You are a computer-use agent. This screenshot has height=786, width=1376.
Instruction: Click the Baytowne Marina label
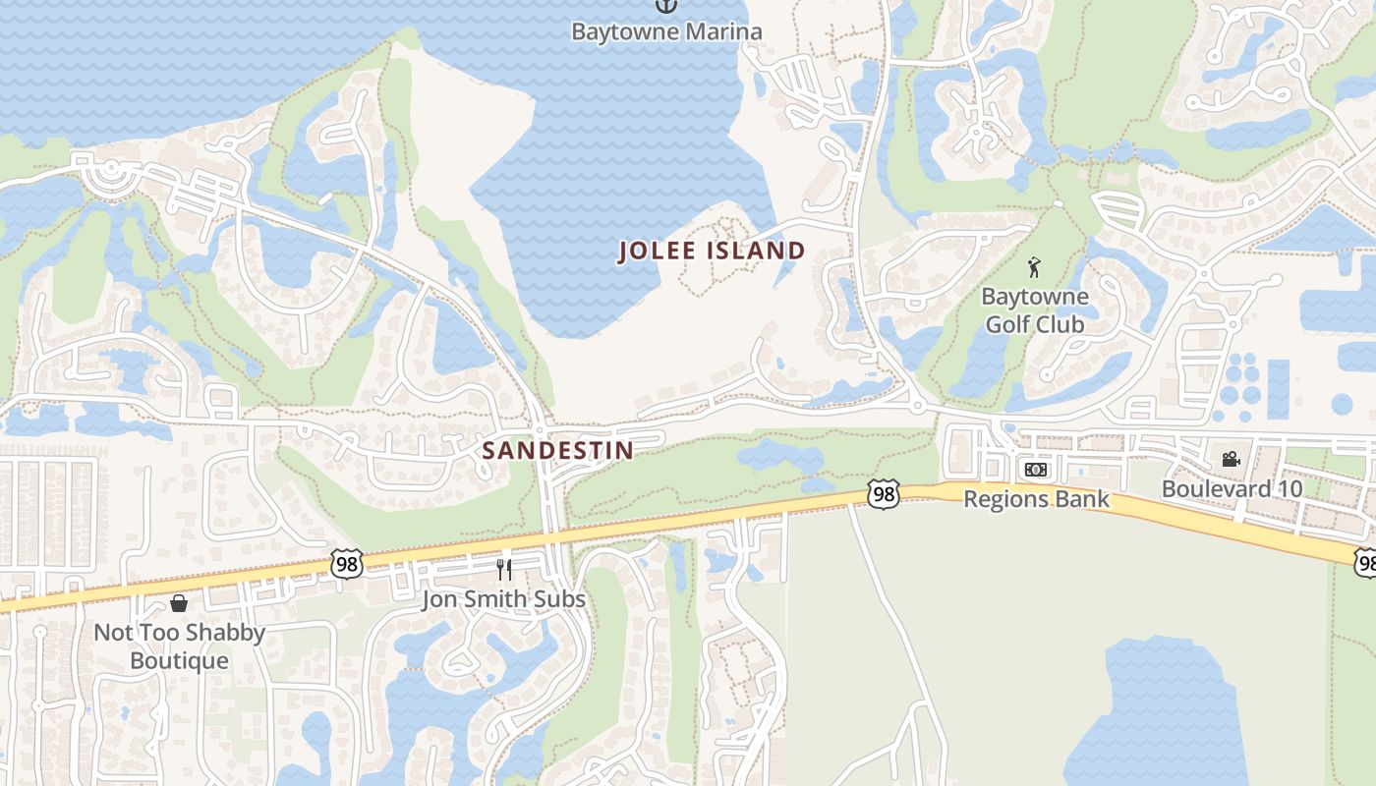[x=666, y=31]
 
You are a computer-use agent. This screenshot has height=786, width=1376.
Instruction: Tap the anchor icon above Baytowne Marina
[x=666, y=6]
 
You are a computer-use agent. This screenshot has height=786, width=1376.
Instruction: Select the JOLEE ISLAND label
[x=712, y=251]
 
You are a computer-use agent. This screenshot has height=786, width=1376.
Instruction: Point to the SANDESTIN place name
[x=557, y=451]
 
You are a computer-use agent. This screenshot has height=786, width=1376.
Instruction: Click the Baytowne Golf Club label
[x=1035, y=309]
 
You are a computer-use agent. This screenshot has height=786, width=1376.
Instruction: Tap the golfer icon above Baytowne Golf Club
[x=1034, y=266]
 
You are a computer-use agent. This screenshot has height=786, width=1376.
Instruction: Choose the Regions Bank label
[x=1036, y=499]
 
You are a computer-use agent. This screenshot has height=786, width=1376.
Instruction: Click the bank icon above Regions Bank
[x=1035, y=470]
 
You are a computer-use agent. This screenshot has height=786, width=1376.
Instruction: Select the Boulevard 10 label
[x=1232, y=488]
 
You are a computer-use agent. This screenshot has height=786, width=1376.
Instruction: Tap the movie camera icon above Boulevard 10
[x=1231, y=459]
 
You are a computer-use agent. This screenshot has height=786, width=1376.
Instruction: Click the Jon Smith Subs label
[x=503, y=598]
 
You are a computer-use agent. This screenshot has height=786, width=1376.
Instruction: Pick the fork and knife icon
[x=503, y=569]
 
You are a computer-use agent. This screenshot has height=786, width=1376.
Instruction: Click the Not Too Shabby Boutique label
[x=179, y=646]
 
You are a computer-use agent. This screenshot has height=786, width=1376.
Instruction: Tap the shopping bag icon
[x=179, y=602]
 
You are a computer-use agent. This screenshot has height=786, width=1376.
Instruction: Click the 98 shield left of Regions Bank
[x=883, y=493]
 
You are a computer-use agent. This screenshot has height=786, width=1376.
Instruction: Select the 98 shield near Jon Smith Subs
[x=347, y=564]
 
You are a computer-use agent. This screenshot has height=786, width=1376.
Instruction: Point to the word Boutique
[x=179, y=660]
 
